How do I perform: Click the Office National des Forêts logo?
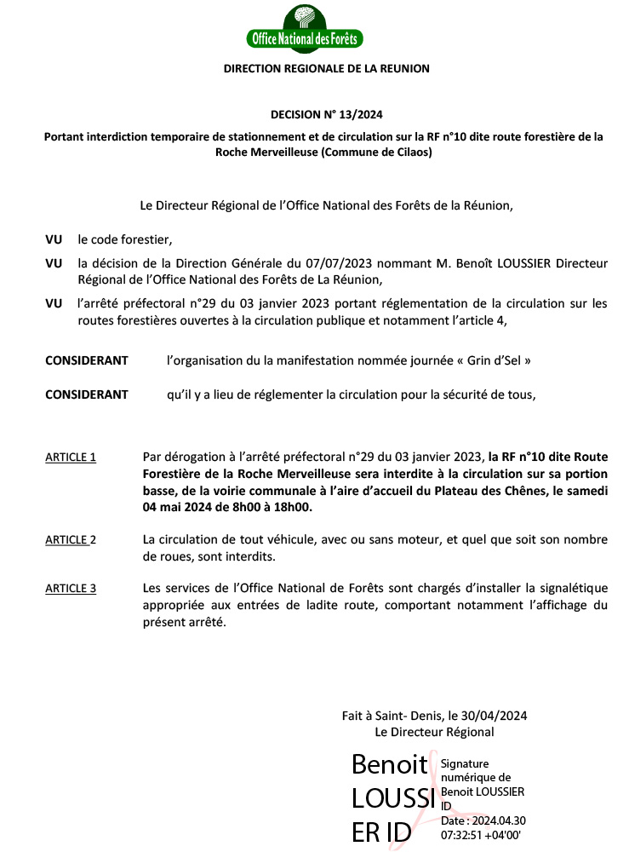pos(304,28)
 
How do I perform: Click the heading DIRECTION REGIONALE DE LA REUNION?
pos(326,68)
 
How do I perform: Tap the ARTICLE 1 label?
pos(71,457)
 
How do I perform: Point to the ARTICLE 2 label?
pos(71,539)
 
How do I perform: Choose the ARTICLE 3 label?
pos(71,588)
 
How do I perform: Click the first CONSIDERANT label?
pos(87,360)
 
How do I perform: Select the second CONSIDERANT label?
pos(87,394)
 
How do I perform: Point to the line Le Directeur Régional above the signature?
pos(434,732)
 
